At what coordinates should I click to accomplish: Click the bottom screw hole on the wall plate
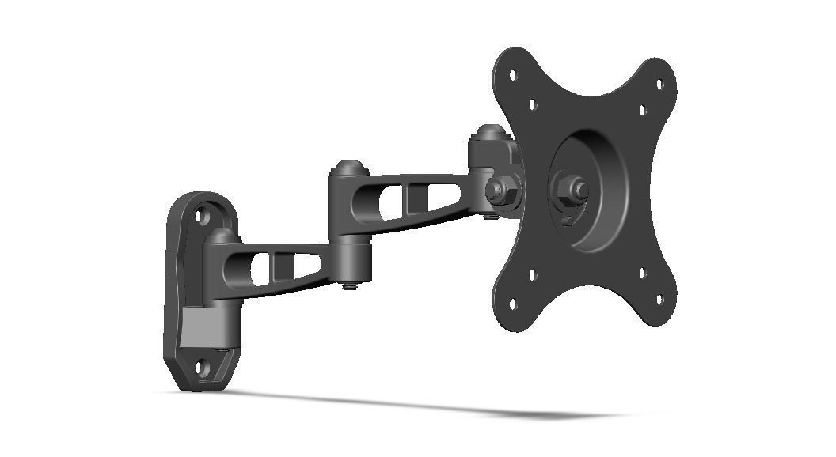coord(203,367)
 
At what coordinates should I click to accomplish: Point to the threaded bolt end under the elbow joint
coord(349,286)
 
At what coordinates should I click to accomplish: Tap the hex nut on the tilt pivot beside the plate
coord(496,190)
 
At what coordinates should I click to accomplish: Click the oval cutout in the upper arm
coord(389,202)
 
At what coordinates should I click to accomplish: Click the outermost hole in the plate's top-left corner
coord(512,76)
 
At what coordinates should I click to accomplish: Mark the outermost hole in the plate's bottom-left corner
coord(511,301)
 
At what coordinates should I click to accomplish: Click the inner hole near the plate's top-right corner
coord(641,111)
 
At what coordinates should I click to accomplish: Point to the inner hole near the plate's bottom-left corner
coord(531,275)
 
